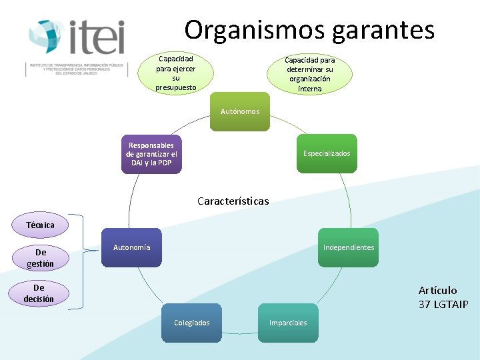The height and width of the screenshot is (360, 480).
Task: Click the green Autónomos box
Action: coord(240,111)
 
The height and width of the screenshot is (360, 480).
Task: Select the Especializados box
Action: coord(327,153)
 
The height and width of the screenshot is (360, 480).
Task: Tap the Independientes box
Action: coord(348,247)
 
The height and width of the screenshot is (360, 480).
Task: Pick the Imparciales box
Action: coord(288,323)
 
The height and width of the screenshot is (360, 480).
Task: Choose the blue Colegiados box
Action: coord(191,323)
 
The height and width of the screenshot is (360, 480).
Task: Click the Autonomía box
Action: coord(132,247)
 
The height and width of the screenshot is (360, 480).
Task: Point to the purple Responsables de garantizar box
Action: coord(151,154)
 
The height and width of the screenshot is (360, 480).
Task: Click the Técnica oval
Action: coord(40,225)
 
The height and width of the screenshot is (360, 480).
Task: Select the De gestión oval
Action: coord(41,258)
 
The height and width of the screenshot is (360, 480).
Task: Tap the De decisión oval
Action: coord(39,293)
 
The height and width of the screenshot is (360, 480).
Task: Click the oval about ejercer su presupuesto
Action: coord(176,73)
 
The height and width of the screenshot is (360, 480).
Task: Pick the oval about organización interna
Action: coord(309,74)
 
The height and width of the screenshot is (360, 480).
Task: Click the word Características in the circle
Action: coord(233,201)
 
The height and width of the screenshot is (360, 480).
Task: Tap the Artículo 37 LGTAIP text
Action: coord(443,297)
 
